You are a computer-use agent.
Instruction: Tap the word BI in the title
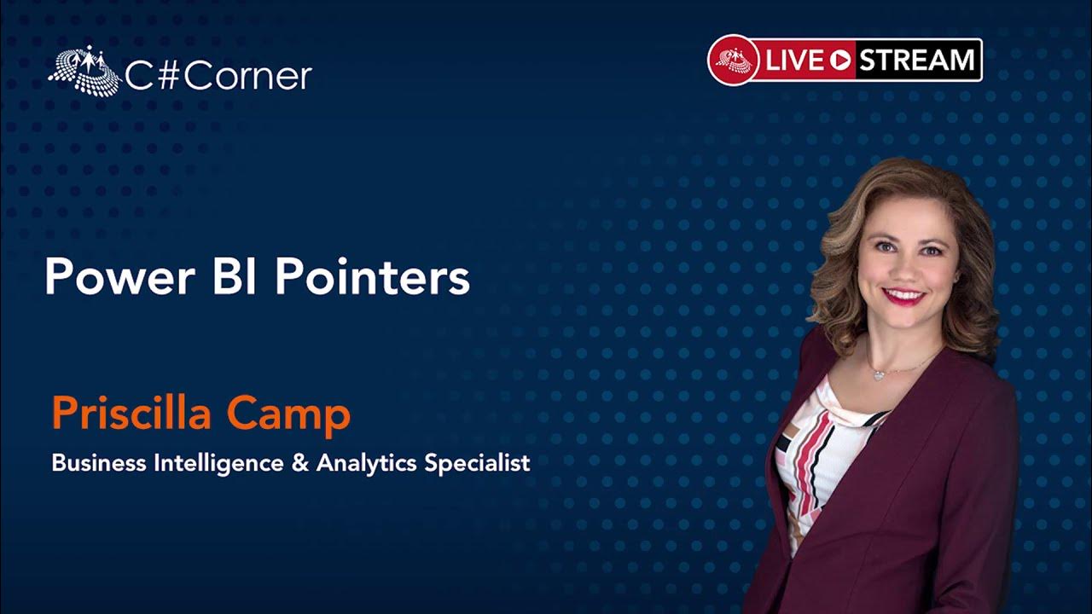(235, 277)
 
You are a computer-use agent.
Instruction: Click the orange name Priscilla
(131, 414)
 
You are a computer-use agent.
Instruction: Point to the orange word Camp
(288, 415)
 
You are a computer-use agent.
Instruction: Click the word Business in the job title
(99, 462)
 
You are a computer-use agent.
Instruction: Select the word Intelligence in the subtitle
(219, 463)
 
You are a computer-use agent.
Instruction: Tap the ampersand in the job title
(300, 463)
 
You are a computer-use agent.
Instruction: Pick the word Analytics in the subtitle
(366, 463)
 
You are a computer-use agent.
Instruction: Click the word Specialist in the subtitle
(477, 463)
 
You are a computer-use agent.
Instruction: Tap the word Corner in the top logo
(247, 77)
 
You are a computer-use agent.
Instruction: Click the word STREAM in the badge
(916, 61)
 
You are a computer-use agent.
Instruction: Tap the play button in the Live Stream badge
(839, 61)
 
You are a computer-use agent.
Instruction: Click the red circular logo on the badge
(734, 61)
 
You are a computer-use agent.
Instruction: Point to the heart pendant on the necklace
(878, 375)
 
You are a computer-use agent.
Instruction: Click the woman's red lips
(903, 296)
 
